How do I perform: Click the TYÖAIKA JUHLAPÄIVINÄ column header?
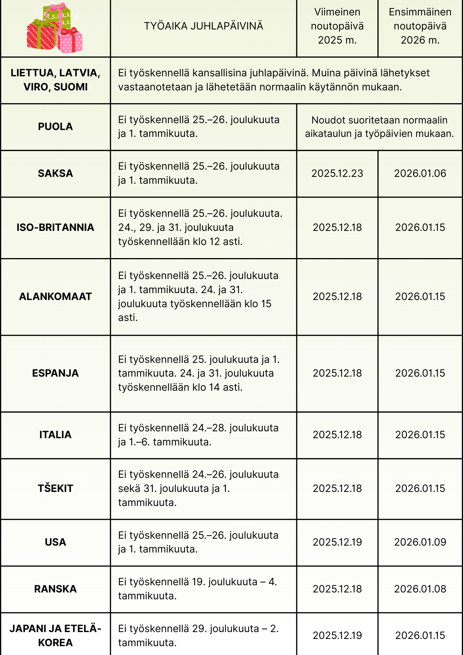[204, 26]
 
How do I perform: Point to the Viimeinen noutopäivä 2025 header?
[337, 26]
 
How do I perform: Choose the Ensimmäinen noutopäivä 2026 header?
[420, 26]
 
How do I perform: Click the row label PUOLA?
[55, 127]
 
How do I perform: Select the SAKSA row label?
[55, 173]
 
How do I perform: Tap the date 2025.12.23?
[337, 173]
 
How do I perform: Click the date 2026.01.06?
[420, 173]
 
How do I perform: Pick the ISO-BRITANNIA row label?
[55, 227]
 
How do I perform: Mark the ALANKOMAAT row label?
[55, 296]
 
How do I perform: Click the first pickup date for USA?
[420, 542]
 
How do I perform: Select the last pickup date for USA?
[337, 542]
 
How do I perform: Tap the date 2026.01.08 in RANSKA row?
[420, 589]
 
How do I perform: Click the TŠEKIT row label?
[55, 488]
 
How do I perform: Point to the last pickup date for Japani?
[337, 635]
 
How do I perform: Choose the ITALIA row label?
[55, 435]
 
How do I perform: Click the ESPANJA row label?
[55, 373]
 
